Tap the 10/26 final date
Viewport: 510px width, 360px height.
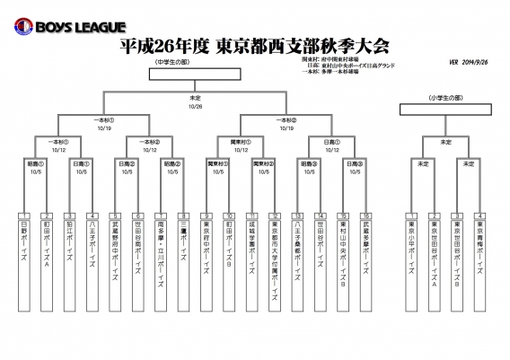click(195, 107)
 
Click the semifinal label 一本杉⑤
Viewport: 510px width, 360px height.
click(103, 119)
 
